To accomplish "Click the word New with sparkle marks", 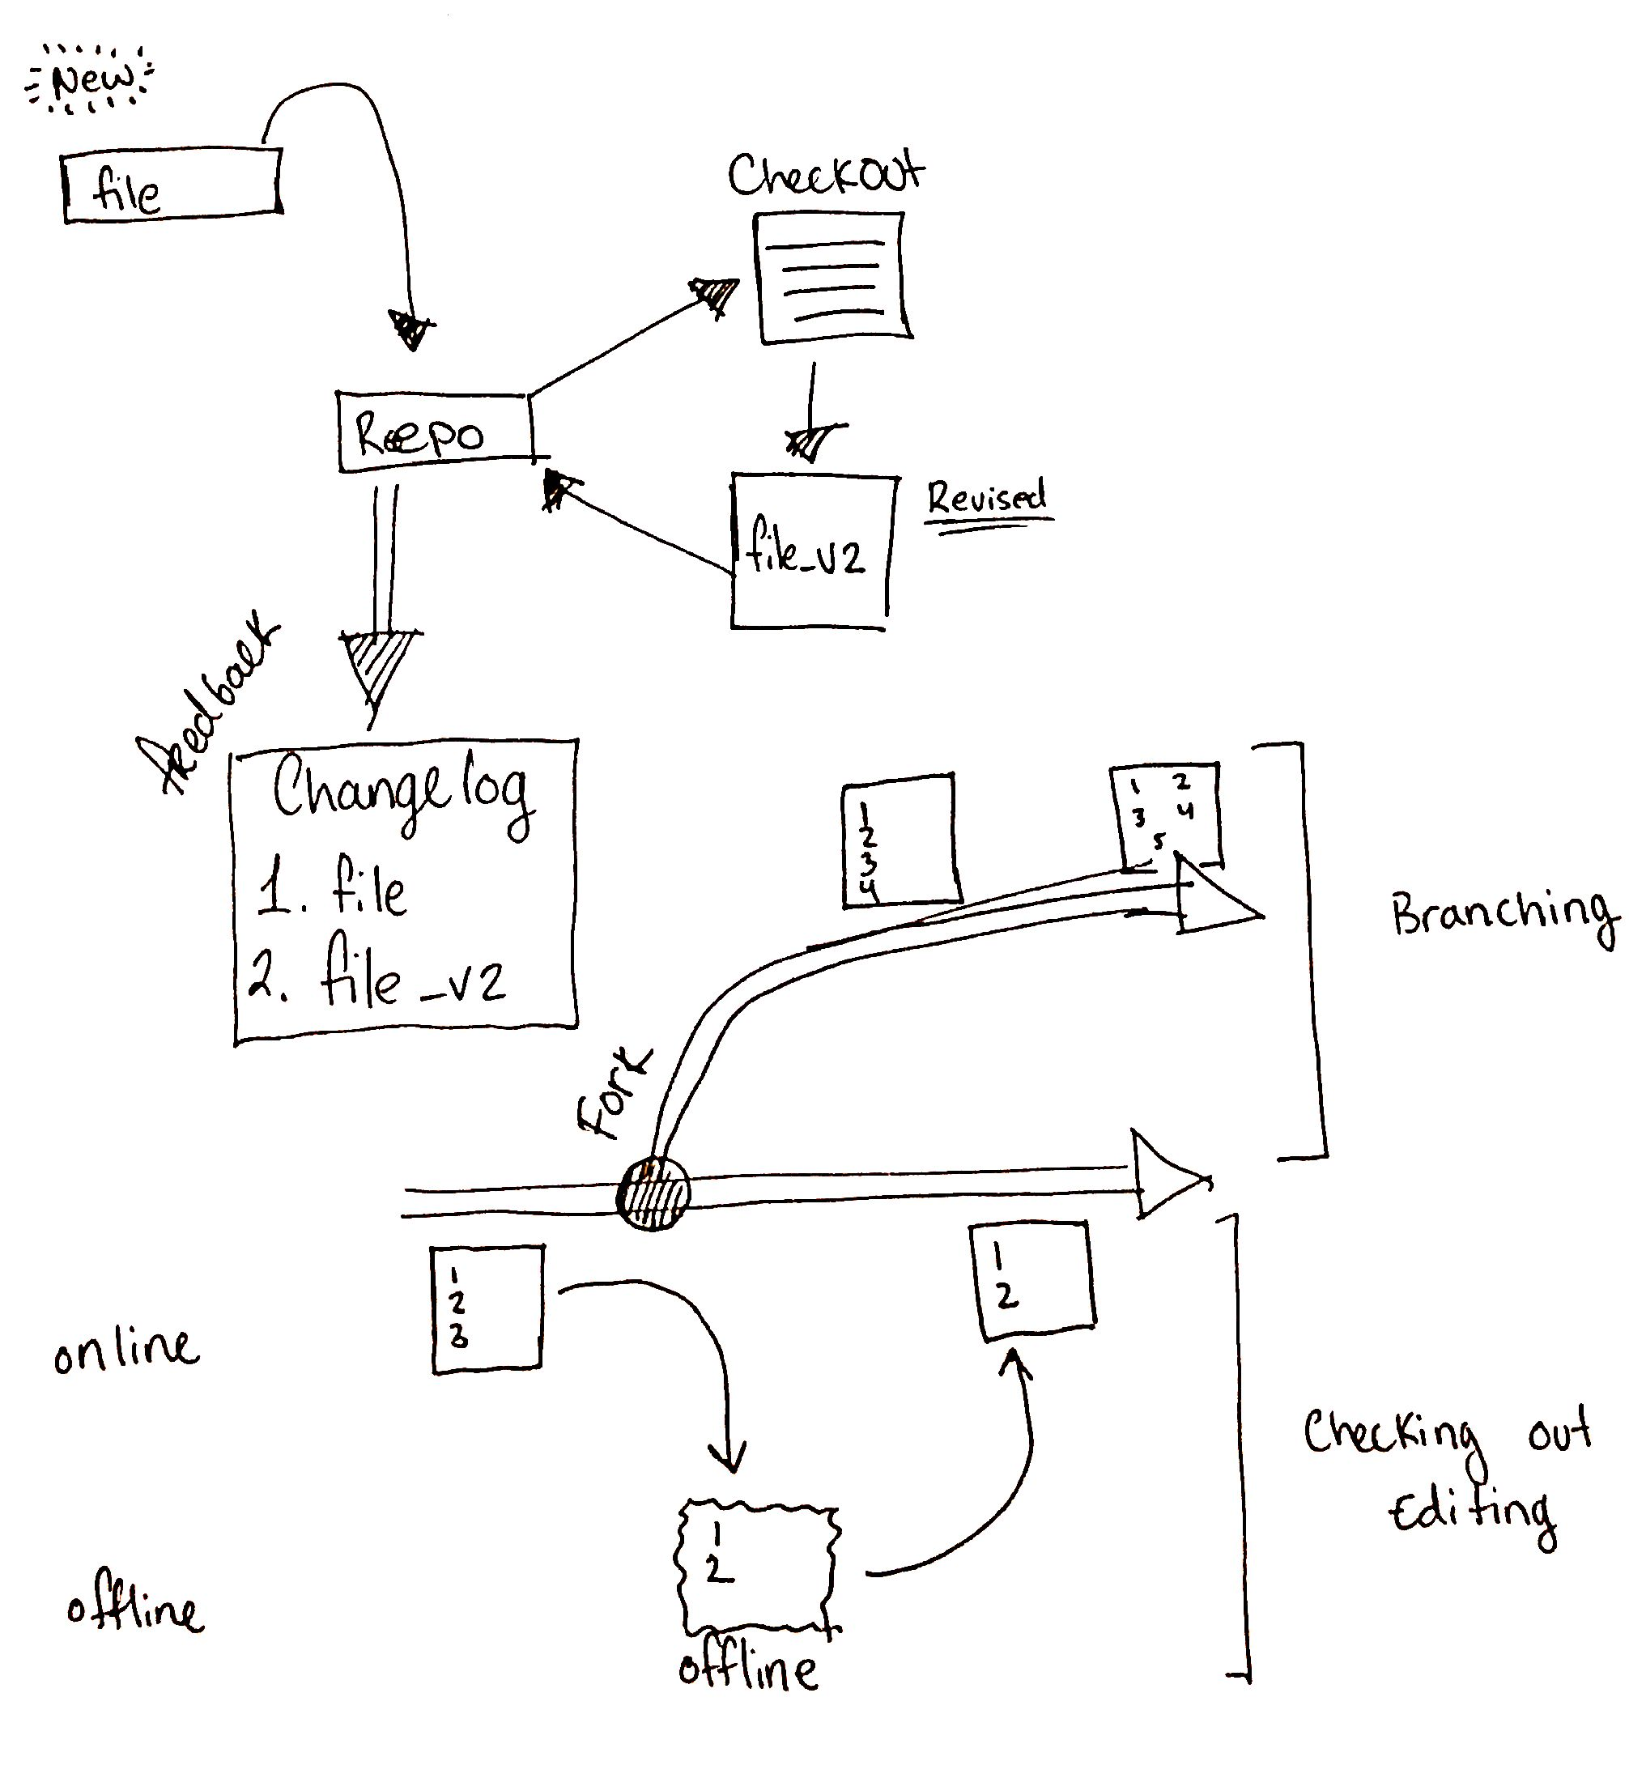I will tap(91, 81).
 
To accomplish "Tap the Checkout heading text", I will tap(826, 176).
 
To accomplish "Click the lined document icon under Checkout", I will tap(832, 278).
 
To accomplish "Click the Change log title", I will tap(402, 791).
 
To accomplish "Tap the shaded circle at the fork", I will tap(653, 1194).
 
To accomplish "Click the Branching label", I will tap(1503, 916).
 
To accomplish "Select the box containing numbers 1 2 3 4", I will tap(900, 840).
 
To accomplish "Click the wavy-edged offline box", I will tap(757, 1567).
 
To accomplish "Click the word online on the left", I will tap(126, 1351).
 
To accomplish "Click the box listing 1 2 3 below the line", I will tap(487, 1307).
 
